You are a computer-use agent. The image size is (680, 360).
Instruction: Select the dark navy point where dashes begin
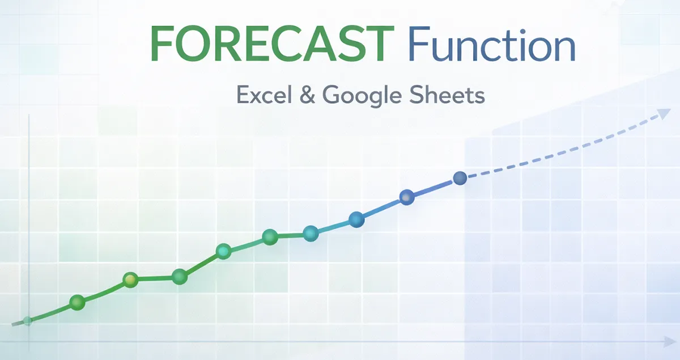[460, 179]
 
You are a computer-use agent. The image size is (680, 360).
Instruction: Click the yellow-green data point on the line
[131, 279]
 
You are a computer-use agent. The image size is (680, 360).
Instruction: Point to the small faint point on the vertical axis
[28, 321]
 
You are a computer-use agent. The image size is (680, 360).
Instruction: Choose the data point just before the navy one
[407, 197]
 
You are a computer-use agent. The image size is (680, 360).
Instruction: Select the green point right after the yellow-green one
[180, 277]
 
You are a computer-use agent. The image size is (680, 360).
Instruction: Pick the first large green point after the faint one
[77, 302]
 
